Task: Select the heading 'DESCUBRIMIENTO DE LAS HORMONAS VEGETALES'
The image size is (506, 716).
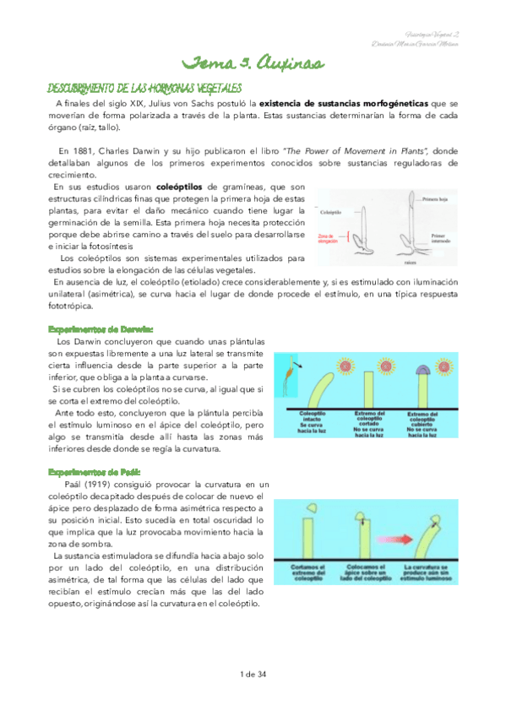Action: click(x=144, y=88)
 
